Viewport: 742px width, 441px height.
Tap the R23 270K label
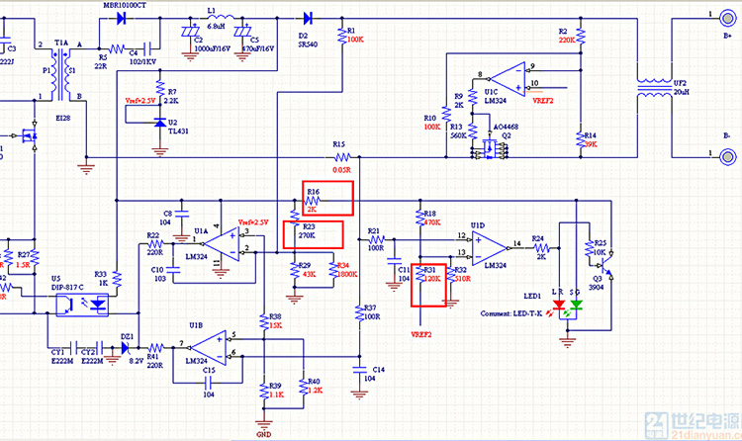pos(307,236)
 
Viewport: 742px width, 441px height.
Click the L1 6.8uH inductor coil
pos(219,19)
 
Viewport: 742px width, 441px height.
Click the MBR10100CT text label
pos(125,5)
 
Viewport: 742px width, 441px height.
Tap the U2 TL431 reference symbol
pos(161,122)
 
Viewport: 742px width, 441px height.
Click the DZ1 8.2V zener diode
pos(128,347)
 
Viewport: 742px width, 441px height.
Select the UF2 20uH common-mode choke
pos(652,86)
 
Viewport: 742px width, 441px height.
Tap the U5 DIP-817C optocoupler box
pos(85,304)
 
